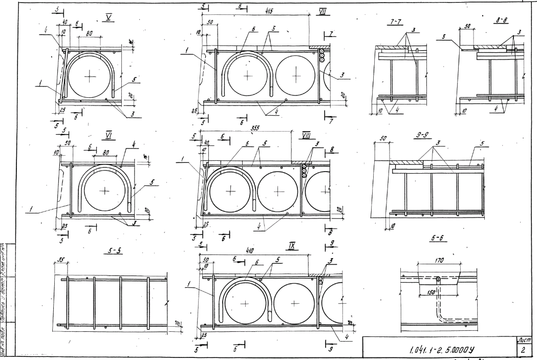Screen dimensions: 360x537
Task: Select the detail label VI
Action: tap(109, 135)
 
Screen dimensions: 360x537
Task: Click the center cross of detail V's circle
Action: tap(90, 76)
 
